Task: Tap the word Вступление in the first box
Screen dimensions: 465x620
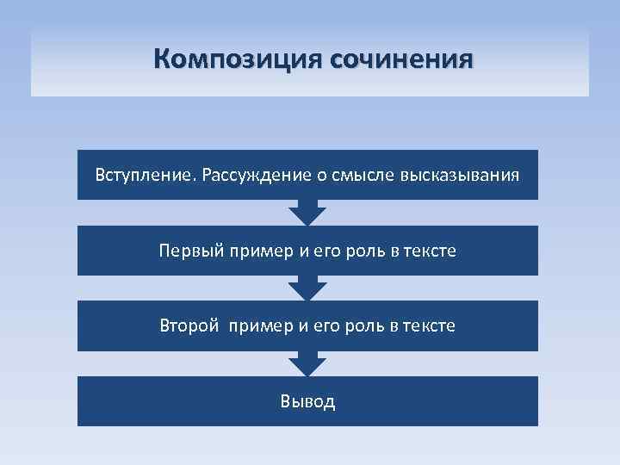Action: pyautogui.click(x=145, y=176)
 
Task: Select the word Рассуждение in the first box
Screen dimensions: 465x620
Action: pyautogui.click(x=245, y=176)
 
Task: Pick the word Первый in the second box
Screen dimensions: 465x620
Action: pyautogui.click(x=190, y=251)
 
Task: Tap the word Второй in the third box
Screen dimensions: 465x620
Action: pyautogui.click(x=190, y=326)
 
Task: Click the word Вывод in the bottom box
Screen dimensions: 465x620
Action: pyautogui.click(x=307, y=401)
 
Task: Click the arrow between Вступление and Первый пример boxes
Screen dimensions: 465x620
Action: pyautogui.click(x=307, y=213)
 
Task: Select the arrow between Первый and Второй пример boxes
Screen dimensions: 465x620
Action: pyautogui.click(x=307, y=288)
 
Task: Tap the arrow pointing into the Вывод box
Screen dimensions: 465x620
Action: pyautogui.click(x=307, y=363)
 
